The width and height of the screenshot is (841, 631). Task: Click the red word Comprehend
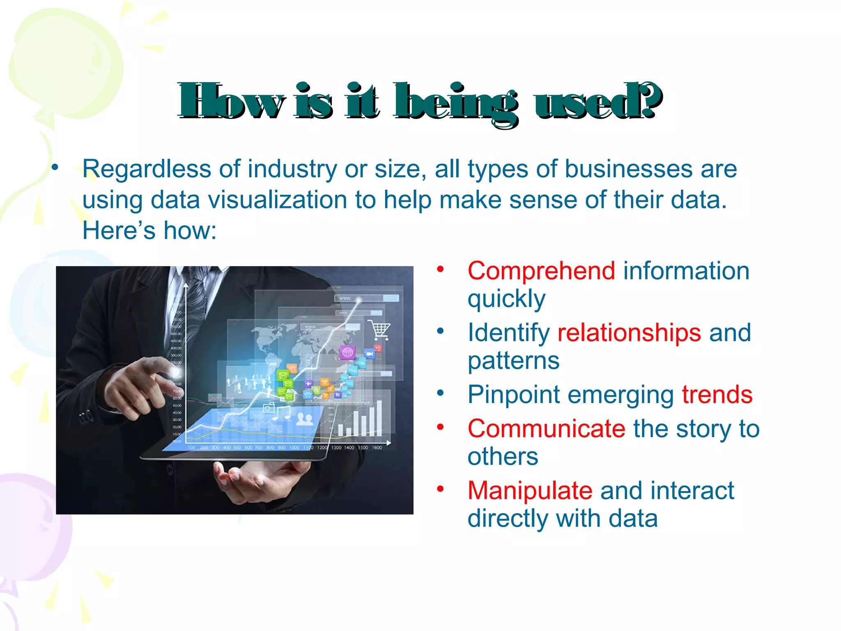pos(541,271)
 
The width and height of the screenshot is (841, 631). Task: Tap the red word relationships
pos(629,333)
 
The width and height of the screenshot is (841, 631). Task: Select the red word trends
pos(717,395)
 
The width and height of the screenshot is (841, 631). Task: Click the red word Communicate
pos(546,429)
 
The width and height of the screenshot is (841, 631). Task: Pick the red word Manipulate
pos(530,491)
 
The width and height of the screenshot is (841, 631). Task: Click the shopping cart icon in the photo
pos(379,330)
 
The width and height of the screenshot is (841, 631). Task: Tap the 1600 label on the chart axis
pos(377,447)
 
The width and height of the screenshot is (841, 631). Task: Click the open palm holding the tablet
pos(255,481)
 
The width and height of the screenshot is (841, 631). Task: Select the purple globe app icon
pos(347,352)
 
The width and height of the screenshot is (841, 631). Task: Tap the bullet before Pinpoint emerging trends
pos(441,393)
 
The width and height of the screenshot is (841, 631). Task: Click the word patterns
pos(513,361)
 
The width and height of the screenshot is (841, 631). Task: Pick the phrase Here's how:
pos(149,230)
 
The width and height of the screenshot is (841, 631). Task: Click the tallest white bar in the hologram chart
pos(379,417)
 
